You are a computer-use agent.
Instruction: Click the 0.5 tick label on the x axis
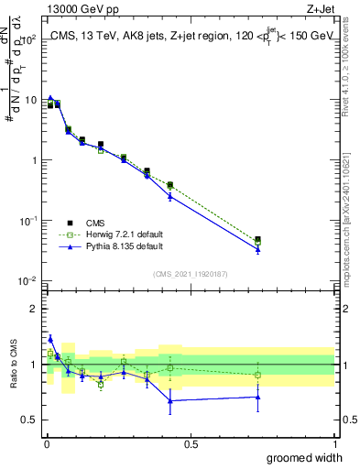click(x=191, y=443)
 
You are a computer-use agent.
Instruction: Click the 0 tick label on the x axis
click(x=46, y=443)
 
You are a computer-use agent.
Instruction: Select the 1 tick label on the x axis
click(x=334, y=443)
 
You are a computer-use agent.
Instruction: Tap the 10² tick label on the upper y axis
click(x=27, y=40)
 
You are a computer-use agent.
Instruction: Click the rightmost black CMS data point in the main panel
click(x=257, y=240)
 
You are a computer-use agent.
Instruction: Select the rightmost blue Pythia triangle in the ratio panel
click(x=257, y=397)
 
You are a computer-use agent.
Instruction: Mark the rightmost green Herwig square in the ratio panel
click(x=257, y=375)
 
